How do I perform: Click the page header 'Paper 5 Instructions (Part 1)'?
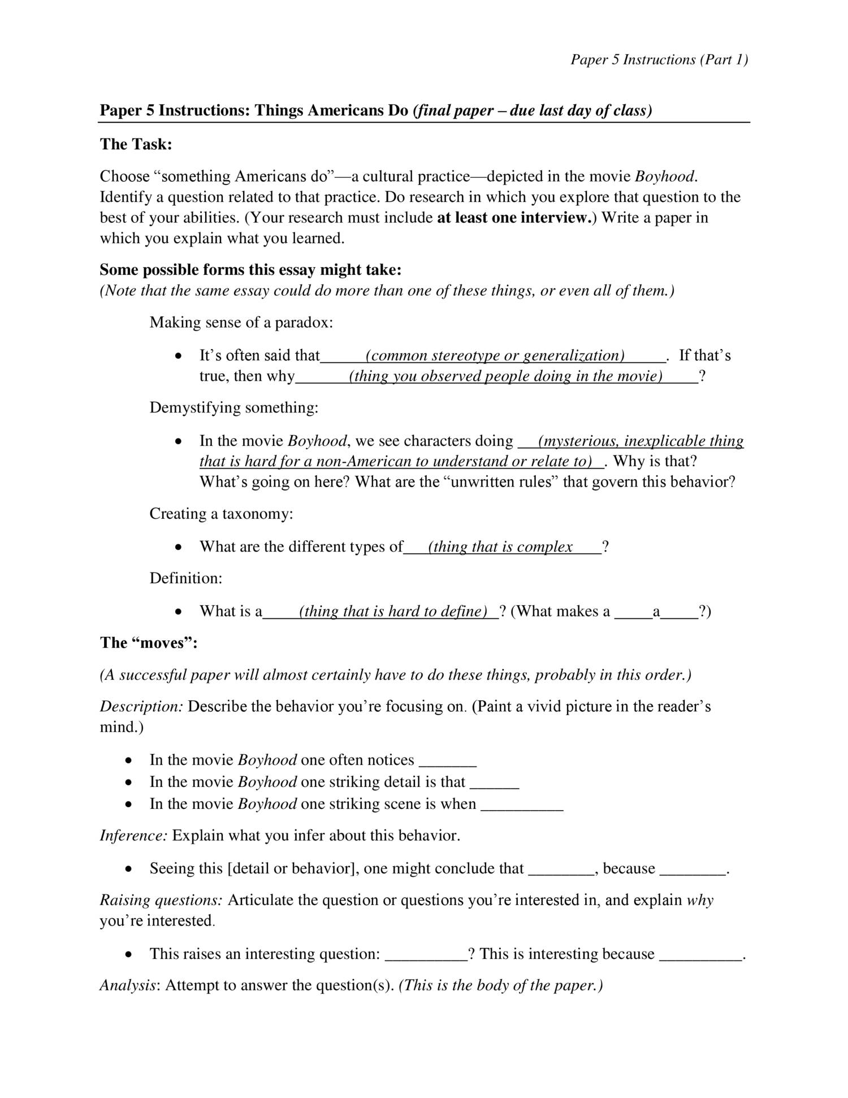pyautogui.click(x=659, y=59)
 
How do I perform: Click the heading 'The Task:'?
pyautogui.click(x=136, y=144)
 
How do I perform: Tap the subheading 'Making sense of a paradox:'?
pyautogui.click(x=241, y=323)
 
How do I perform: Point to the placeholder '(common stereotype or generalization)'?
pyautogui.click(x=495, y=356)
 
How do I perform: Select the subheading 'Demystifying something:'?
pyautogui.click(x=233, y=408)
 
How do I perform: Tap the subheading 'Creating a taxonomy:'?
pyautogui.click(x=221, y=514)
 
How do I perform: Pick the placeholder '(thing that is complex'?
pyautogui.click(x=500, y=547)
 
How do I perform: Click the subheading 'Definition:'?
pyautogui.click(x=185, y=578)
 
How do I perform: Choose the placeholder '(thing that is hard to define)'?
pyautogui.click(x=393, y=612)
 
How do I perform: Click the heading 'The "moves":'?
pyautogui.click(x=148, y=643)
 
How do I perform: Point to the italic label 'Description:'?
pyautogui.click(x=141, y=707)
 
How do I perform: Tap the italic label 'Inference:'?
pyautogui.click(x=133, y=836)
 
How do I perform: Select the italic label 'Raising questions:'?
pyautogui.click(x=161, y=900)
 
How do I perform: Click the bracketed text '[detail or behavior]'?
pyautogui.click(x=290, y=868)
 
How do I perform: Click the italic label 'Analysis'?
pyautogui.click(x=128, y=985)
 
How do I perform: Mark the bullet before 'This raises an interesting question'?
pyautogui.click(x=130, y=955)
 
